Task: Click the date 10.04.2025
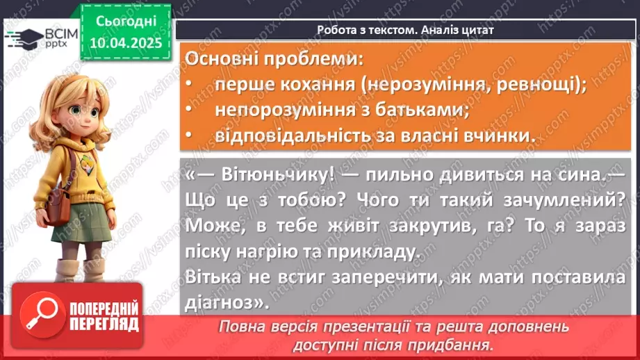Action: click(x=125, y=42)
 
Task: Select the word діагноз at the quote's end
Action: click(x=222, y=302)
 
